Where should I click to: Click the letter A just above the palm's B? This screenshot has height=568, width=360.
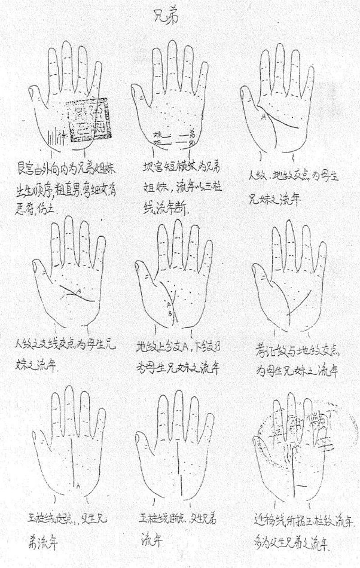pos(169,306)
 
